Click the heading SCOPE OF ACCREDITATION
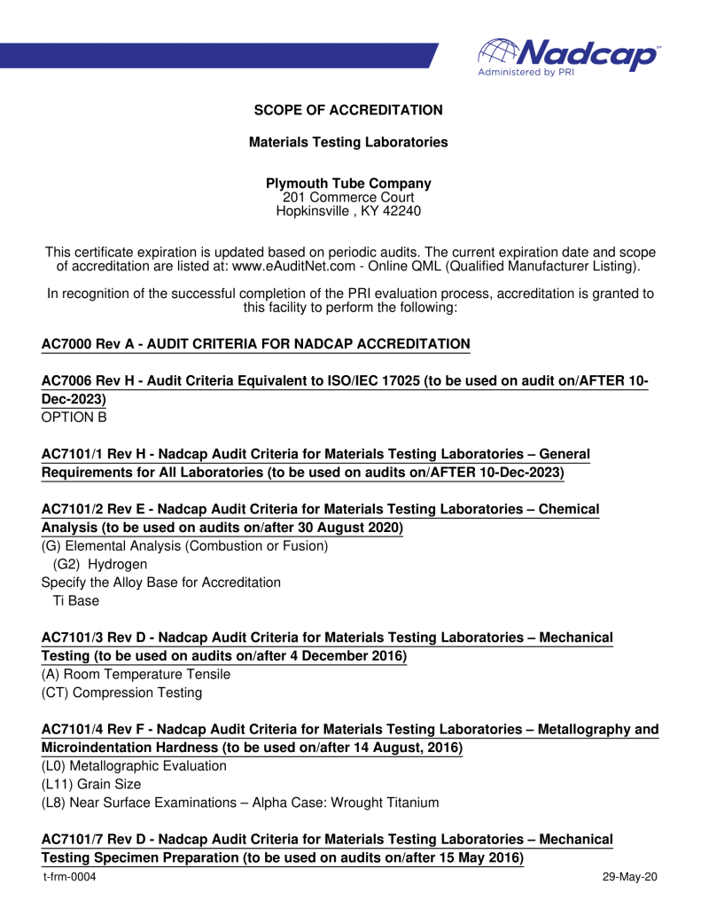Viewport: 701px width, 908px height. click(x=348, y=110)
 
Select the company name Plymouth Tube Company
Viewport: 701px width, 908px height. click(x=348, y=184)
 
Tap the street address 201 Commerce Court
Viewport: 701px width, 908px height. click(x=348, y=197)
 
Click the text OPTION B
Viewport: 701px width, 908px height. click(x=74, y=415)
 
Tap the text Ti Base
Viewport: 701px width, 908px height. click(x=76, y=601)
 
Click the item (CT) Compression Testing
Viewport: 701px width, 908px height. click(x=121, y=693)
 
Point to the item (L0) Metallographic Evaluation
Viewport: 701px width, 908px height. click(x=134, y=765)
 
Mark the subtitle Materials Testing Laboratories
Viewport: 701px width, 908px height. click(x=348, y=142)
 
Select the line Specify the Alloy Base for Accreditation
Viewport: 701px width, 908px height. click(x=161, y=583)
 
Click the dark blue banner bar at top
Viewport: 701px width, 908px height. click(x=222, y=55)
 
